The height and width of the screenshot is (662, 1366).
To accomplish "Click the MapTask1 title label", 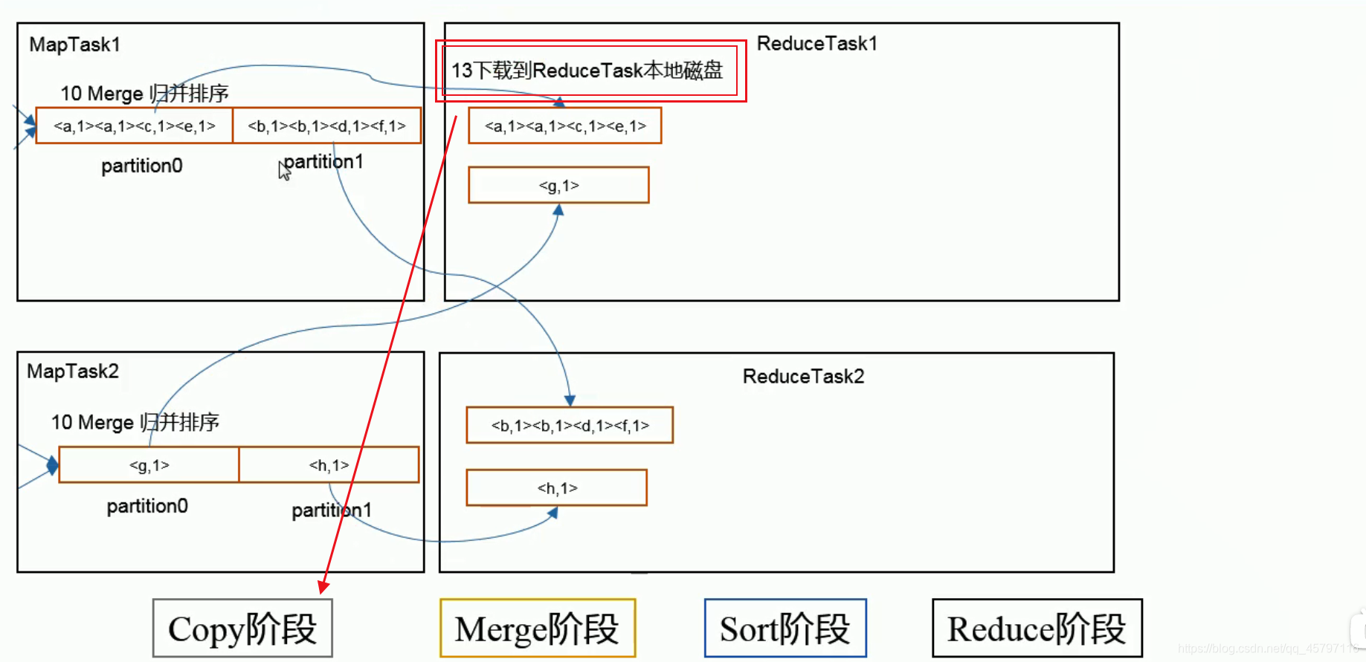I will click(x=74, y=45).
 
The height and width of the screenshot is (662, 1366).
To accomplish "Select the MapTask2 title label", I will click(x=73, y=371).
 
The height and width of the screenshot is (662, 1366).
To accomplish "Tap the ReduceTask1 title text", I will click(x=816, y=44).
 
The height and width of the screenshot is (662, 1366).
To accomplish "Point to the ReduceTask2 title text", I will click(x=803, y=377).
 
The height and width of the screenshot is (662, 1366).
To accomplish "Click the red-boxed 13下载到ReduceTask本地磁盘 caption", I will click(x=587, y=71).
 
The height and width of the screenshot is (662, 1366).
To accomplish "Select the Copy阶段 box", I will click(x=242, y=629).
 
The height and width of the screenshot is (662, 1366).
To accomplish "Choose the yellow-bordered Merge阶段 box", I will click(x=537, y=629).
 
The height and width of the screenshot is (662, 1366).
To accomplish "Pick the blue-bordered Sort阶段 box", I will click(x=785, y=629).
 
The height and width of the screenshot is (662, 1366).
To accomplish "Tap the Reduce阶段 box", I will click(x=1037, y=629).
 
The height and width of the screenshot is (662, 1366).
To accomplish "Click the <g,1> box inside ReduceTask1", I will click(x=558, y=185).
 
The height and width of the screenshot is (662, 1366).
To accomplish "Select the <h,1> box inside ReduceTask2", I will click(x=557, y=488).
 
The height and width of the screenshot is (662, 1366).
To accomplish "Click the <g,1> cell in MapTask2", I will click(x=149, y=465).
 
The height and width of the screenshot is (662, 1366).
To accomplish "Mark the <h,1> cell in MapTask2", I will click(x=329, y=465).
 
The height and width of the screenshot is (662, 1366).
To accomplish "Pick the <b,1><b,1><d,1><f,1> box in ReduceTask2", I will click(x=570, y=425).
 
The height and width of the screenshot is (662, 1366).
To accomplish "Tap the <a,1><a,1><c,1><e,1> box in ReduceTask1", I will click(x=565, y=126).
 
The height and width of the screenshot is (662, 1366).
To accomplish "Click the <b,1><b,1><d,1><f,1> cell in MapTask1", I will click(x=326, y=126).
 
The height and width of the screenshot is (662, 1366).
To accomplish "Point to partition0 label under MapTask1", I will click(x=142, y=166).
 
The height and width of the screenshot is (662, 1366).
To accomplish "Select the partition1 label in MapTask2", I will click(x=331, y=510).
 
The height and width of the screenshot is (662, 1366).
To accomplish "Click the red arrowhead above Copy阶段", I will click(x=323, y=587).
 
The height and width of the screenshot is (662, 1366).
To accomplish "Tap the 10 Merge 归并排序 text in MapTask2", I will click(x=135, y=423).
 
